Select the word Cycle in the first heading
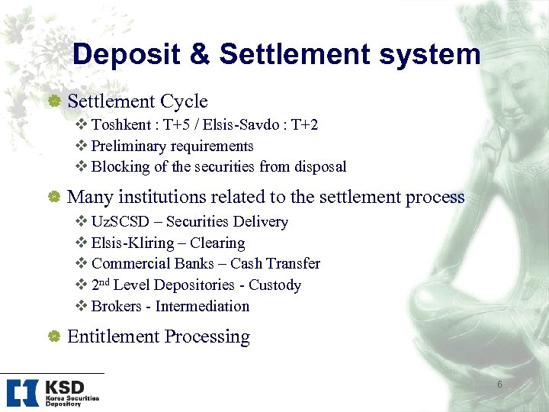(184, 101)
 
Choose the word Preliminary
(129, 146)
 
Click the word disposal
(319, 166)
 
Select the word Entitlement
(114, 336)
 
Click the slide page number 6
(499, 385)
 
